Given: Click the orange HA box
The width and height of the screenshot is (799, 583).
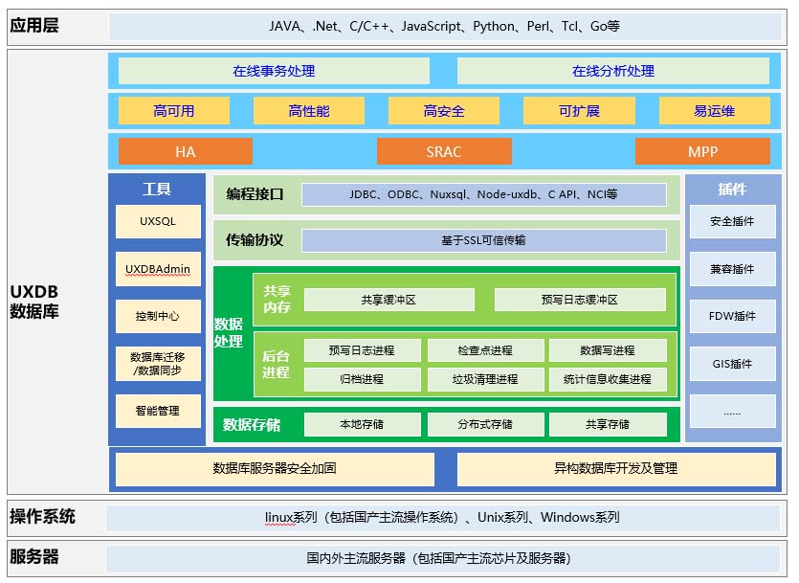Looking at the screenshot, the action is click(186, 151).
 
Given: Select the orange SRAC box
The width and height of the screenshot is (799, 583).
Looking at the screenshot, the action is click(444, 151).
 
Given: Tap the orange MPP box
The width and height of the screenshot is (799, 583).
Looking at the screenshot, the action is click(702, 151).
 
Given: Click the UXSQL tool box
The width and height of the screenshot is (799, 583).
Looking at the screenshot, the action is click(158, 221).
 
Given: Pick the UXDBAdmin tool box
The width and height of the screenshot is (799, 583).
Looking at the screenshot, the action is click(158, 269).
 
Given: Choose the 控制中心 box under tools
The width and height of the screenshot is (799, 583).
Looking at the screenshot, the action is click(158, 316).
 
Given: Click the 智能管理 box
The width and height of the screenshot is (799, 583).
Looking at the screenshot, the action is click(158, 411).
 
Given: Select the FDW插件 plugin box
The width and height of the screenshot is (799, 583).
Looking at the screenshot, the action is click(732, 316).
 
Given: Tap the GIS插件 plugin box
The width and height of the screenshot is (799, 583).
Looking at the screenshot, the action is click(732, 364).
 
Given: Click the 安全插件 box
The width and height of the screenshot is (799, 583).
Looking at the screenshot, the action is click(732, 221).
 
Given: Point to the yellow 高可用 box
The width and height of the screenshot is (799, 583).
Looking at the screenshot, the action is click(174, 111).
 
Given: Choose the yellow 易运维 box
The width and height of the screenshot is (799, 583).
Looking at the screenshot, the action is click(715, 111).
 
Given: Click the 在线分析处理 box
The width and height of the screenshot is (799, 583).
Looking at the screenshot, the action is click(613, 71).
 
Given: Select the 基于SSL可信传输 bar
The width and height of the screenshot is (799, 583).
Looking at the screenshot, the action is click(483, 240).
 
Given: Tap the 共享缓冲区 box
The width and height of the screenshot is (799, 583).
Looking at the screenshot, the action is click(388, 300).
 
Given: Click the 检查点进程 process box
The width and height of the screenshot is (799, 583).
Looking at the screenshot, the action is click(485, 350).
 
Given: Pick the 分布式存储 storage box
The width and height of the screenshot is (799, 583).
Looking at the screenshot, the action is click(485, 424).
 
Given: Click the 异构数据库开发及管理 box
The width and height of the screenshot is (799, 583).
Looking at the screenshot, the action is click(616, 468).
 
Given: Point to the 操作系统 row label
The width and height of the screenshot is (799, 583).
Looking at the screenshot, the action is click(42, 517).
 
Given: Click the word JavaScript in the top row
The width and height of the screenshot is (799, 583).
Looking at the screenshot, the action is click(432, 26).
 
